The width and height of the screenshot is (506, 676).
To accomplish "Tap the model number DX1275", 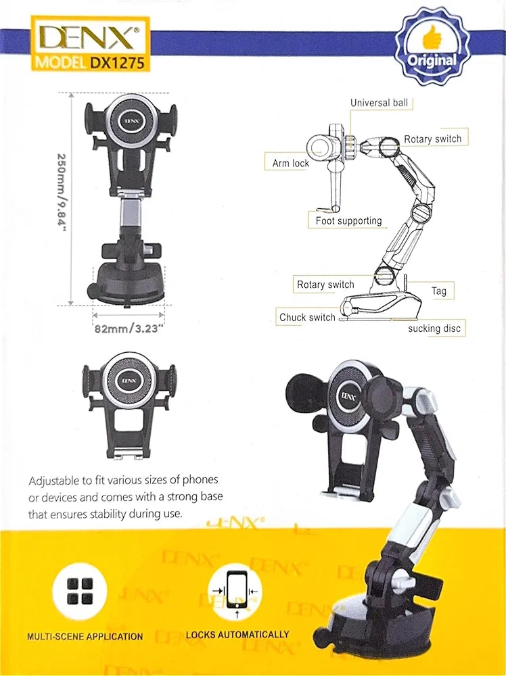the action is click(117, 62).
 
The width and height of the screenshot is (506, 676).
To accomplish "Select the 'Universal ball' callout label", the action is click(379, 103).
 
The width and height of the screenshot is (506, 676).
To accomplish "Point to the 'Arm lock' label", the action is click(290, 164).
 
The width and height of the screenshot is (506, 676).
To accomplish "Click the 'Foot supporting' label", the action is click(348, 221).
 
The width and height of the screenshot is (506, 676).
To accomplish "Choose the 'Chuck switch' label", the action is click(307, 317).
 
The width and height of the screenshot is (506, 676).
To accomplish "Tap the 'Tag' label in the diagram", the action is click(439, 291).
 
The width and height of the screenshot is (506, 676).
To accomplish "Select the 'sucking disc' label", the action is click(434, 329).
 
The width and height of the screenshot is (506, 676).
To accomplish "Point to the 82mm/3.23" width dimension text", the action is click(129, 329).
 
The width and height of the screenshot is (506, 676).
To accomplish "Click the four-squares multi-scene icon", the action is click(80, 591).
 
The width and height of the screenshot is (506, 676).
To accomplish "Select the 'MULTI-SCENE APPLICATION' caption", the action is click(85, 636).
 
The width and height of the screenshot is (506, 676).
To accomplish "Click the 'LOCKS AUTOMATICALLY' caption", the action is click(237, 635).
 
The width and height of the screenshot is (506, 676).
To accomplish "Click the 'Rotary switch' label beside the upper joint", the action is click(433, 139).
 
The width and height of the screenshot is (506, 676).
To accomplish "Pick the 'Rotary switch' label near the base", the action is click(325, 285).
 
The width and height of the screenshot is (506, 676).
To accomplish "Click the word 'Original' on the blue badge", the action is click(432, 60).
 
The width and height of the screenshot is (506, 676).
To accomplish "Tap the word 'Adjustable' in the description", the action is click(54, 481).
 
